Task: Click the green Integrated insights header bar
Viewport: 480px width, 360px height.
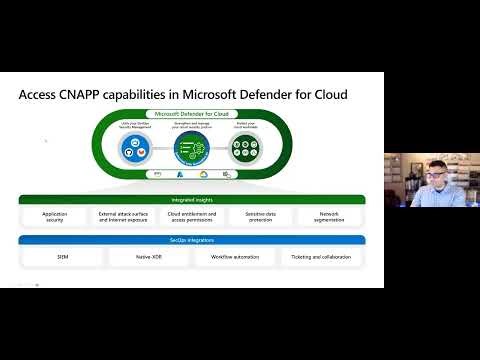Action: (191, 199)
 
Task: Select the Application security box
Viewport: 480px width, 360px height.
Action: (54, 216)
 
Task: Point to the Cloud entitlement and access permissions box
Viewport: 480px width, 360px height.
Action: (191, 216)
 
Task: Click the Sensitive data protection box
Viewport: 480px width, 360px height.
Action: (260, 216)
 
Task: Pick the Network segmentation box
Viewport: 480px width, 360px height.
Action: (329, 216)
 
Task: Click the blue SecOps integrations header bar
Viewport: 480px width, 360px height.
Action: (191, 240)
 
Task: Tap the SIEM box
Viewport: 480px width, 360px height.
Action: (62, 257)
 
